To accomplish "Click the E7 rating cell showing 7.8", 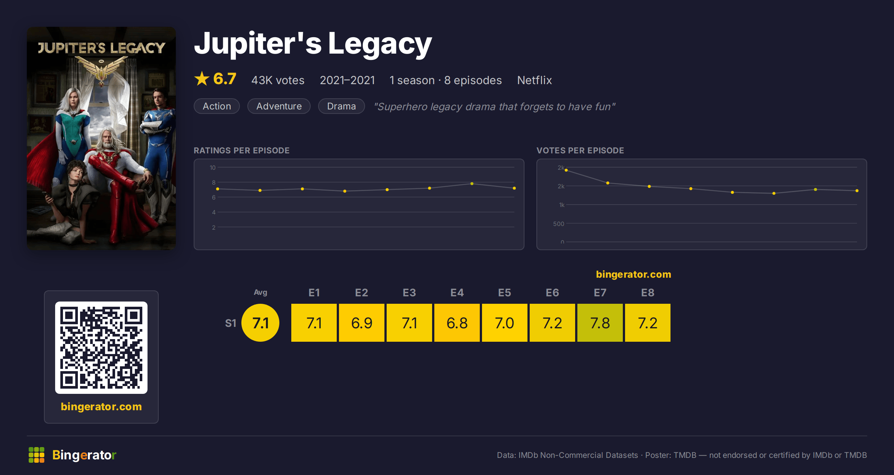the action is tap(600, 323).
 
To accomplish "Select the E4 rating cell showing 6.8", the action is tap(457, 323).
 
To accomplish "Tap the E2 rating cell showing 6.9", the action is tap(361, 323).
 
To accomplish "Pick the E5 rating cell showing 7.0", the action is tap(504, 323).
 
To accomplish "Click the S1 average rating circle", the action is tap(260, 323).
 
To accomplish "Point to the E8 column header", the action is tap(647, 293).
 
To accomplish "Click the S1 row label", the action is tap(231, 323).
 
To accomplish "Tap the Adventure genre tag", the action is tap(279, 106).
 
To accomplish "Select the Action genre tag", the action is tap(217, 106).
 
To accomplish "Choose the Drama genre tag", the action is tap(341, 106).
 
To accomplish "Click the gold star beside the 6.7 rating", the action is tap(202, 79).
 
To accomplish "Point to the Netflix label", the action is tap(534, 80).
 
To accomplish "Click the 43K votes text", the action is tap(278, 80).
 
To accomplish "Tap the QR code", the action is tap(101, 348).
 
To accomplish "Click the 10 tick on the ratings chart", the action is tap(213, 168).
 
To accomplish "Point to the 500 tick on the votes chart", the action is tap(558, 224).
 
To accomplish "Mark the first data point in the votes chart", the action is tap(566, 170).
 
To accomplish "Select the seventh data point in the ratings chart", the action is tap(472, 184).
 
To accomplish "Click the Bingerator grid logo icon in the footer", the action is tap(37, 455).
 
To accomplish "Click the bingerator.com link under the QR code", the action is tap(101, 407).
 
